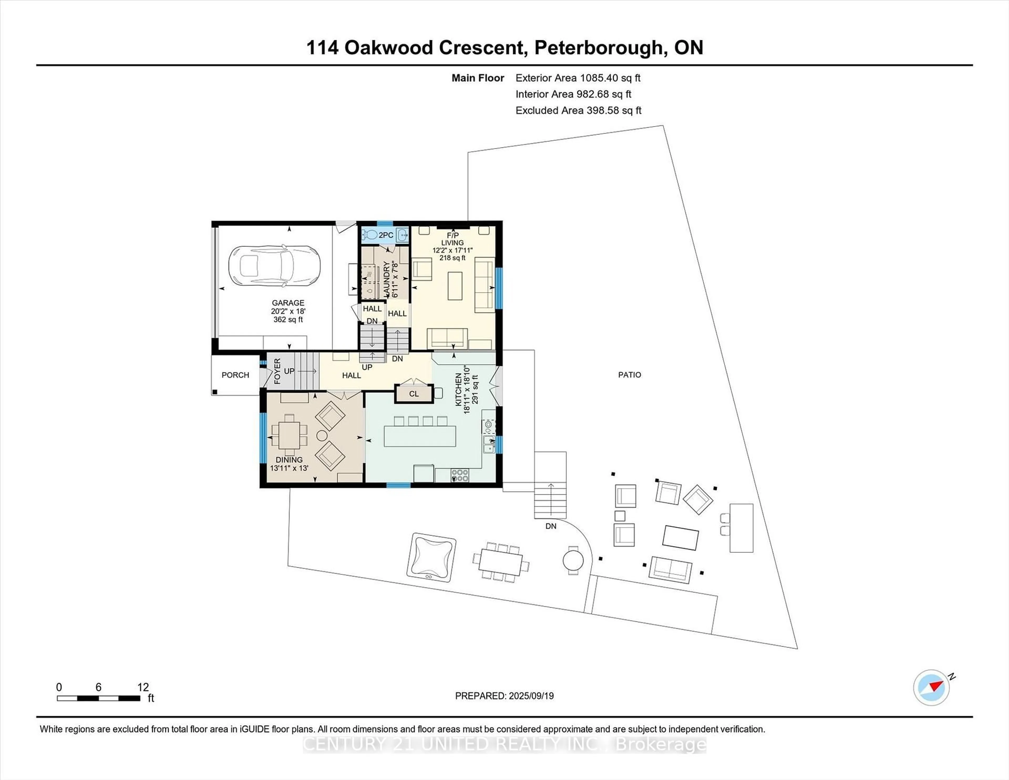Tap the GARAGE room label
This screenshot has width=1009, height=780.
[x=288, y=303]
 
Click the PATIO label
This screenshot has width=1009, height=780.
[x=629, y=375]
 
